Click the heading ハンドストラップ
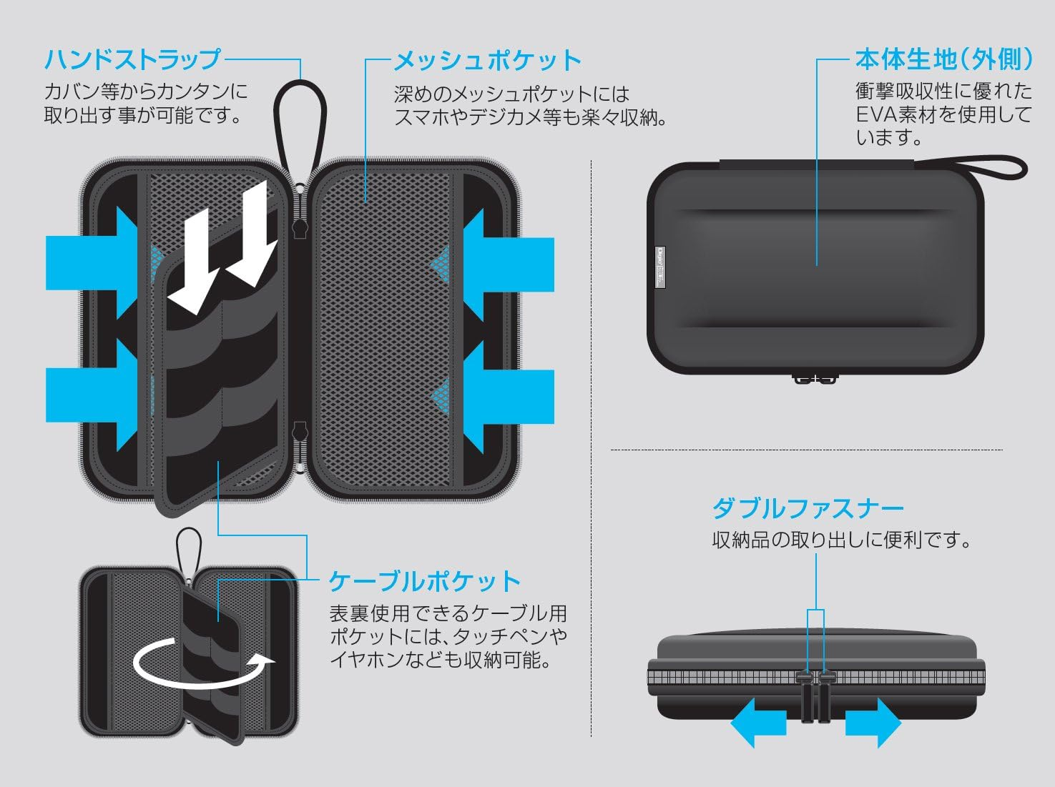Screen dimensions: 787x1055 tap(133, 59)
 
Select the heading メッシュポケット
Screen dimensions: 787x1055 tap(488, 61)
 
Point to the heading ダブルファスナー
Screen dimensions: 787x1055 tap(808, 509)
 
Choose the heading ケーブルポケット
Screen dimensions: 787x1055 tap(424, 581)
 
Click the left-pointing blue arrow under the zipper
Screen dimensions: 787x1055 tap(757, 722)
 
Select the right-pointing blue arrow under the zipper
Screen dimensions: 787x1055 tap(873, 722)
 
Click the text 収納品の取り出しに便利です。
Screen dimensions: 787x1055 tap(843, 540)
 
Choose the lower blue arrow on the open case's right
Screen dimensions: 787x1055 tap(508, 396)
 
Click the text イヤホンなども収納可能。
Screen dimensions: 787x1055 tap(441, 659)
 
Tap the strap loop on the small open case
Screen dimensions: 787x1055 tap(189, 547)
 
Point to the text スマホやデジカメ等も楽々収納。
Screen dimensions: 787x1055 tap(531, 117)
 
